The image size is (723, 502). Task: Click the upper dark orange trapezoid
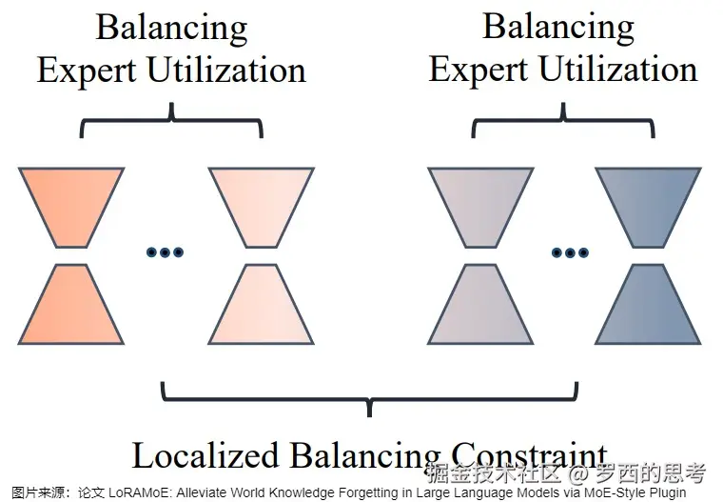tap(70, 204)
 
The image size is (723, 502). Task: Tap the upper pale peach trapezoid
tap(261, 204)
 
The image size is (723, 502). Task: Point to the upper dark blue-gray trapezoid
tap(648, 204)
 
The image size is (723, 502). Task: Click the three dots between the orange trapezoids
tap(165, 252)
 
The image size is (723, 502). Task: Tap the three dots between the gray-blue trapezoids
tap(570, 252)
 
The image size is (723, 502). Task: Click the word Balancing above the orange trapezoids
tap(171, 28)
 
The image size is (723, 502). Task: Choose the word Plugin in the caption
tap(666, 493)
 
